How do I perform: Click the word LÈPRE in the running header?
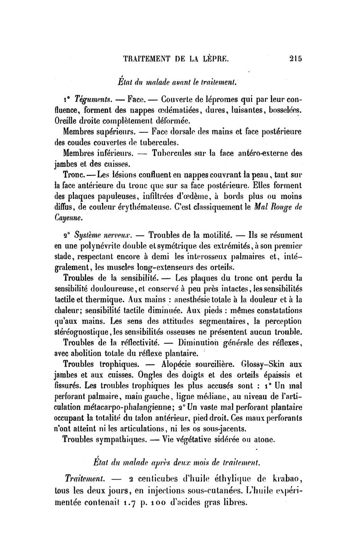(212, 58)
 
